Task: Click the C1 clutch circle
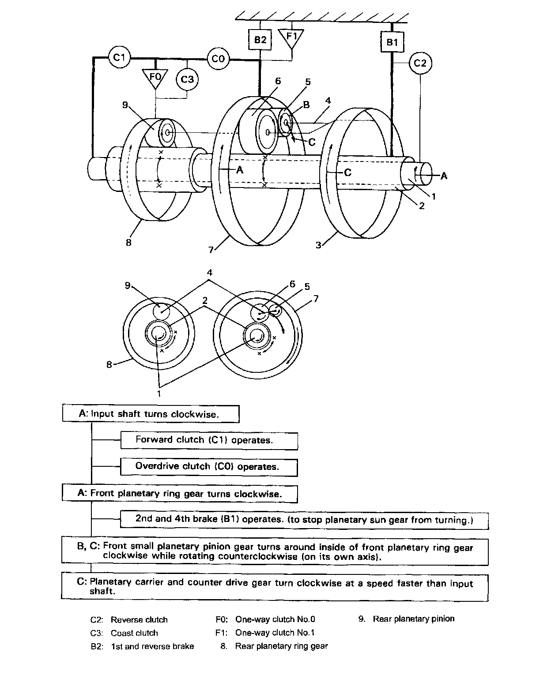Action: (x=119, y=58)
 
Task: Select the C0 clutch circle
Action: (x=218, y=58)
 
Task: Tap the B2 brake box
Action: (x=260, y=40)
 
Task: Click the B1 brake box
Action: (x=392, y=42)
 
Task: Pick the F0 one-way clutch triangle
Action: (x=155, y=78)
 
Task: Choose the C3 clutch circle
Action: (x=187, y=79)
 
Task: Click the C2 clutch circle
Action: (x=420, y=64)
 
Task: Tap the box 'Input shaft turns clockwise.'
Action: (x=151, y=414)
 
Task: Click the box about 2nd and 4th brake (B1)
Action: (x=304, y=519)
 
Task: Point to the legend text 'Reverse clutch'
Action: (x=139, y=620)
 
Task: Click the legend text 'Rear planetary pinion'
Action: (x=413, y=619)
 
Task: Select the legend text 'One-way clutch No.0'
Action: (x=275, y=619)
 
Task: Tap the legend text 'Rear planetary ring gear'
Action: (x=281, y=646)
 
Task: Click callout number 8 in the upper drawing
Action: (x=128, y=242)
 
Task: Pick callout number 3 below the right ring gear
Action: (x=318, y=245)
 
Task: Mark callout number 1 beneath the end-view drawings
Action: (x=159, y=392)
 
